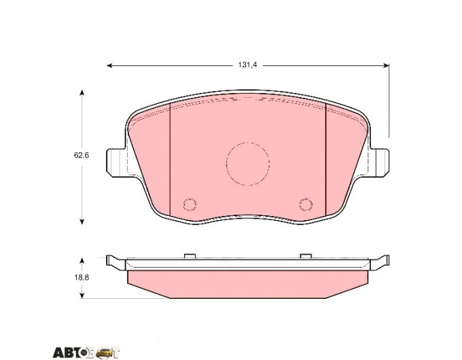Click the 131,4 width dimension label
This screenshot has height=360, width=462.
[247, 65]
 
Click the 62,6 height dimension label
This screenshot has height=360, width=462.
[82, 156]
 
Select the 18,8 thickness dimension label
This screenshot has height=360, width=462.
[82, 277]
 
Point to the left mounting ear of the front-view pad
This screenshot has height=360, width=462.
[115, 163]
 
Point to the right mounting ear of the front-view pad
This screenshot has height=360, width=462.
[380, 163]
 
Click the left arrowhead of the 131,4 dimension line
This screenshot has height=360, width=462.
[109, 65]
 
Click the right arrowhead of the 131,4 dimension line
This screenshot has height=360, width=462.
[386, 65]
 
